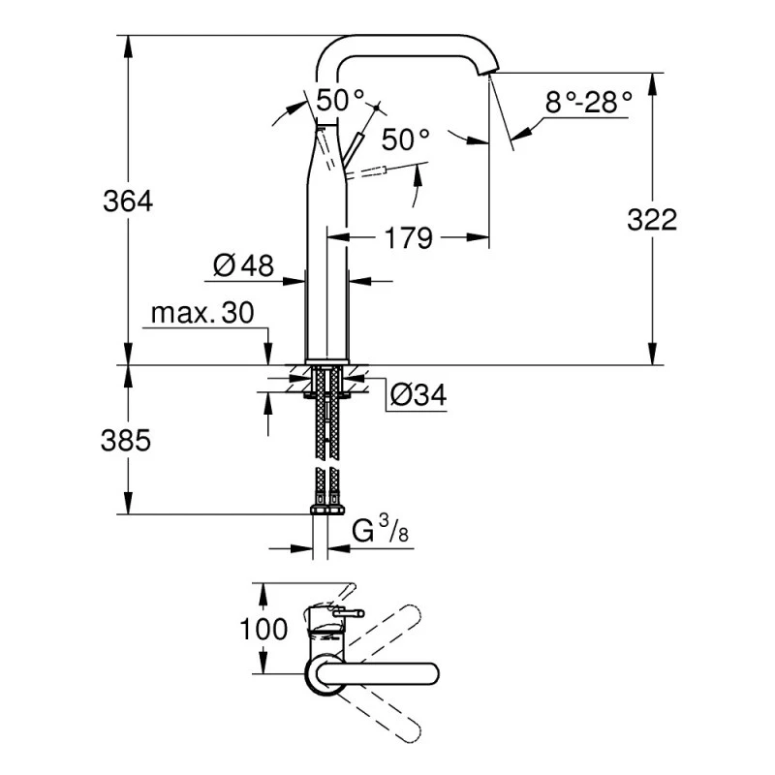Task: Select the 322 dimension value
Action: (x=651, y=220)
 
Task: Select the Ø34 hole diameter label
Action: (x=418, y=395)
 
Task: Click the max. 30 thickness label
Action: (x=201, y=314)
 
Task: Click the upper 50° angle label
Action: (x=341, y=100)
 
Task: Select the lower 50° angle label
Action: (x=405, y=139)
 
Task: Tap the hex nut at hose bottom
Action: (x=326, y=510)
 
